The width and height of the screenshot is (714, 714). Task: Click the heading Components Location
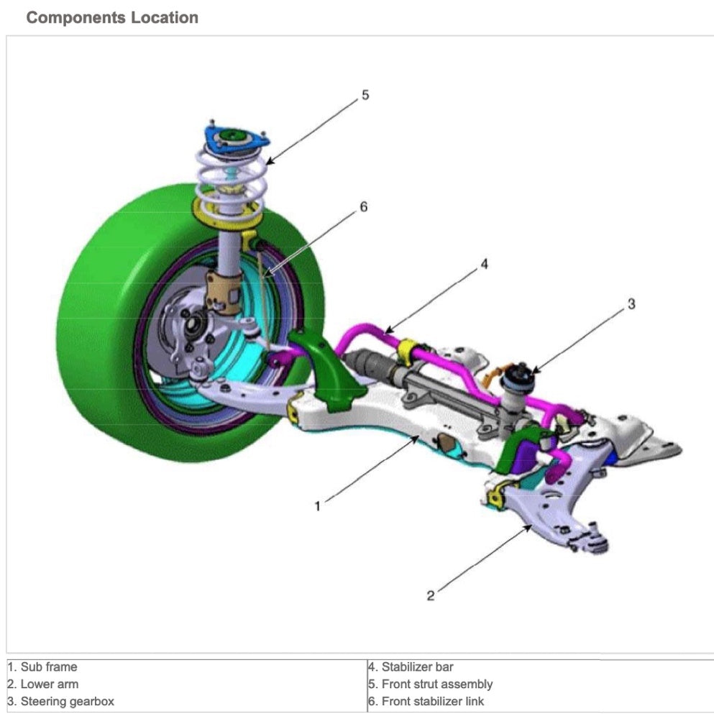[x=111, y=18]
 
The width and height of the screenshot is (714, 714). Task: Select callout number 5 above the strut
[x=365, y=95]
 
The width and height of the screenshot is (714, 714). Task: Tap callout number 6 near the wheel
[x=363, y=207]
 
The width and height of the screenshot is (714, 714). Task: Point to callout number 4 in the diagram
[x=484, y=265]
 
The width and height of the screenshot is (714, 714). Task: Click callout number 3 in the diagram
[x=631, y=304]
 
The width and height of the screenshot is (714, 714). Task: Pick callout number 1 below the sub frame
[x=317, y=506]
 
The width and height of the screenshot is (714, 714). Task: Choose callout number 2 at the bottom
[x=430, y=595]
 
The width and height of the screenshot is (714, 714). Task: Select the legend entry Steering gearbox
[x=60, y=701]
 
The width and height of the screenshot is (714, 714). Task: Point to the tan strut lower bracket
[x=224, y=291]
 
